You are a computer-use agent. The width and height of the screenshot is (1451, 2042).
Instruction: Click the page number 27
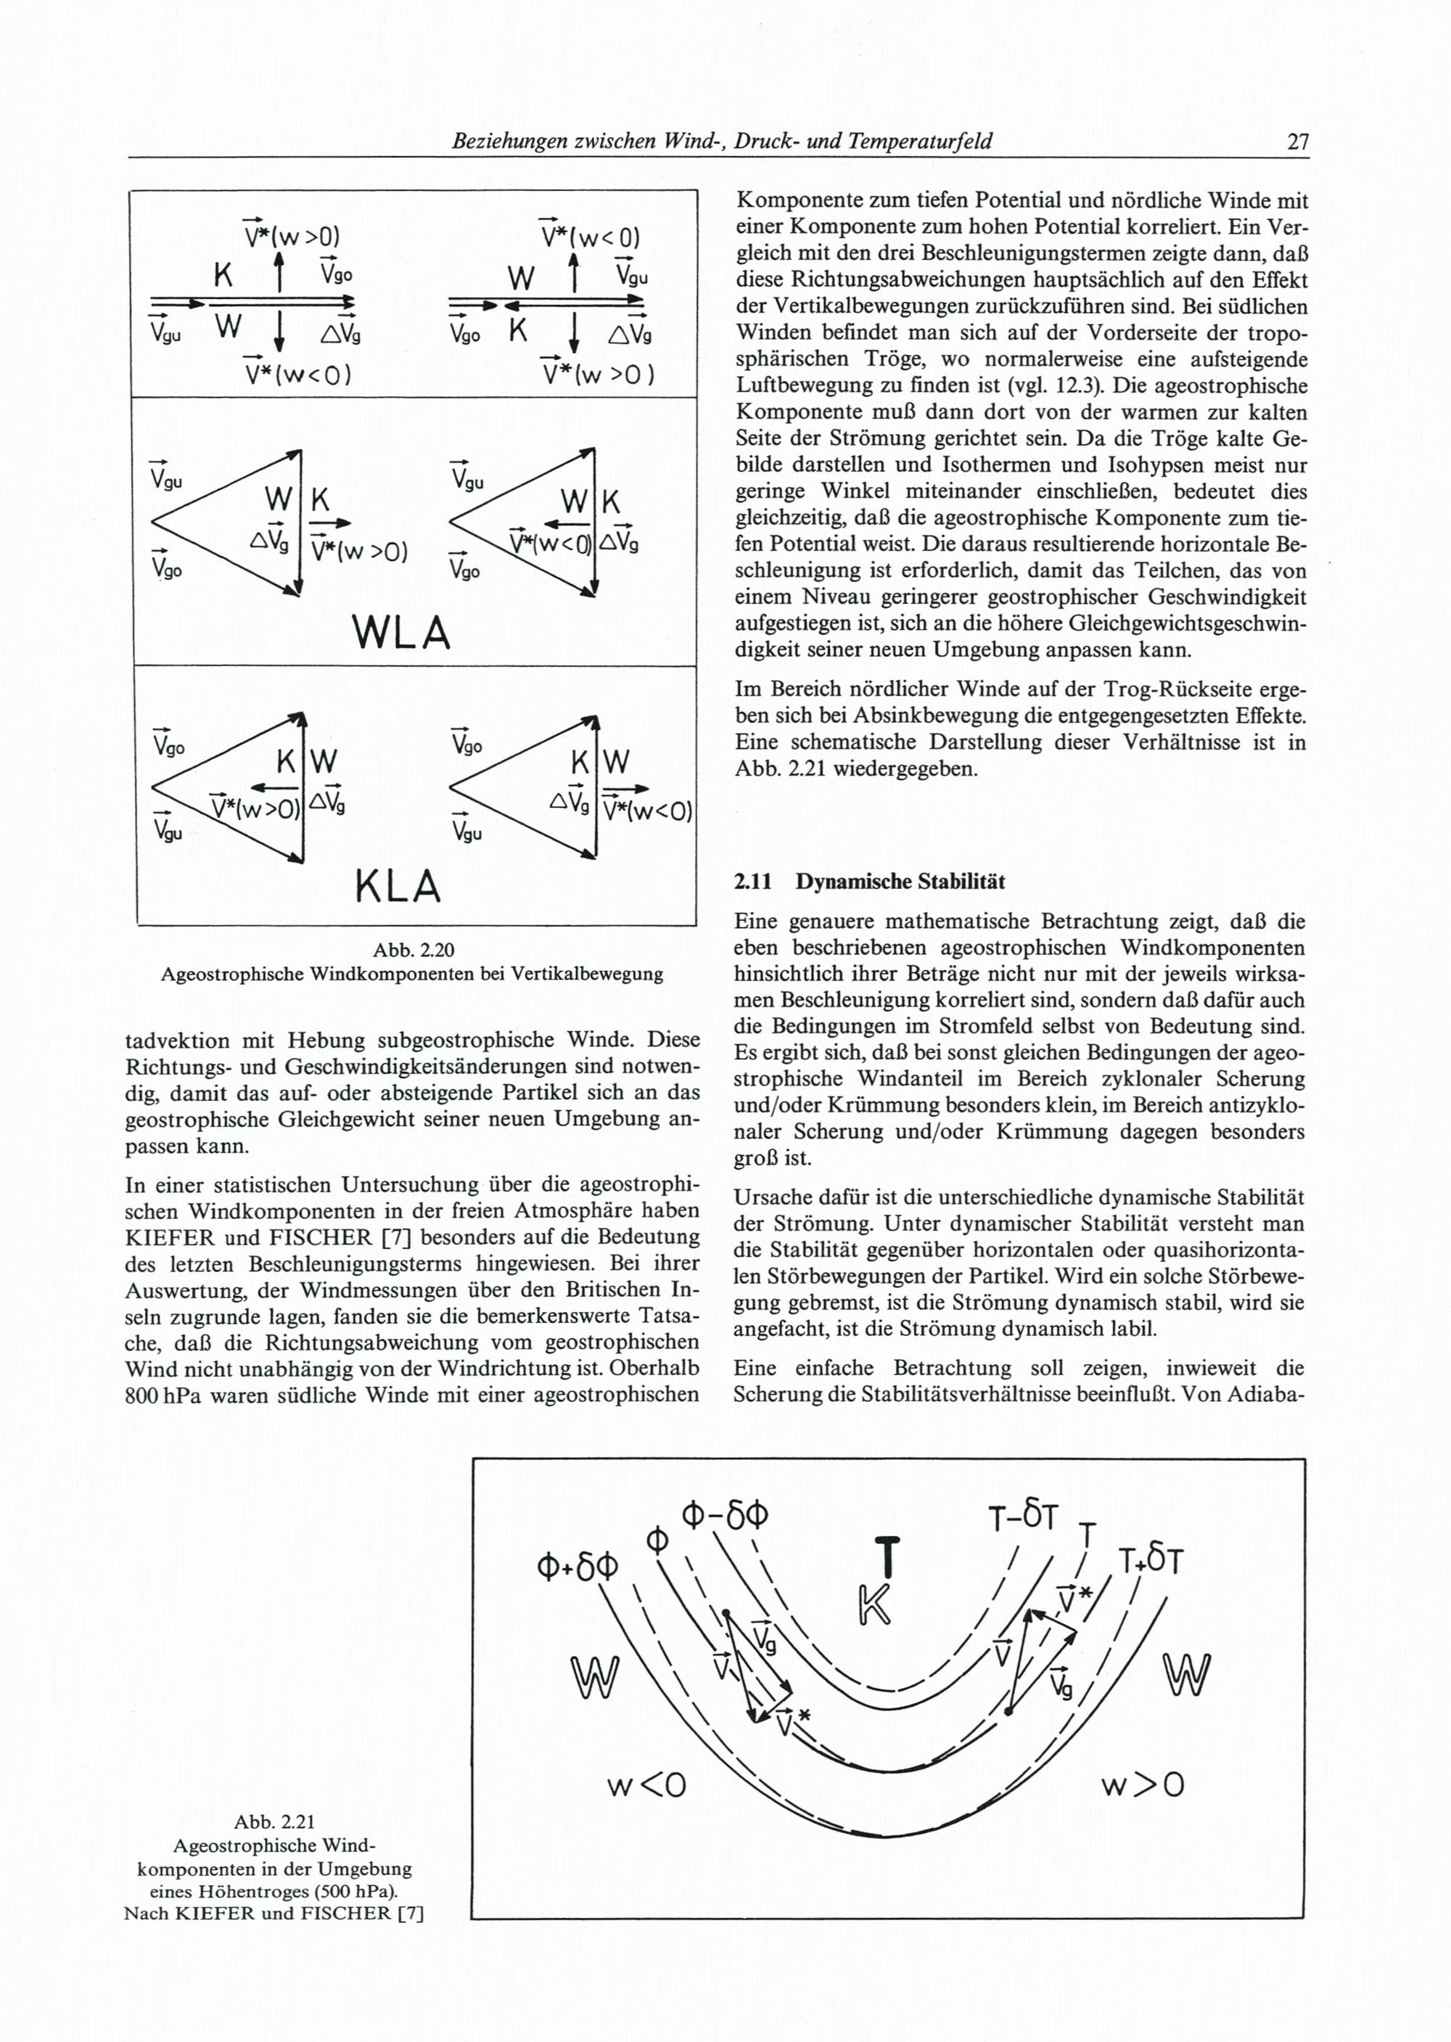(1297, 142)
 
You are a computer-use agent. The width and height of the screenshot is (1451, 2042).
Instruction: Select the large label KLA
(398, 887)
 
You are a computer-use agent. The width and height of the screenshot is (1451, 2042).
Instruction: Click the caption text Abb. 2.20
(412, 950)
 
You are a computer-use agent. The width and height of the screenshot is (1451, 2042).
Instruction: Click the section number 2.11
(752, 882)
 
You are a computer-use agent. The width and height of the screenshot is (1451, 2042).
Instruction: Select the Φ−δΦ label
(725, 1513)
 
